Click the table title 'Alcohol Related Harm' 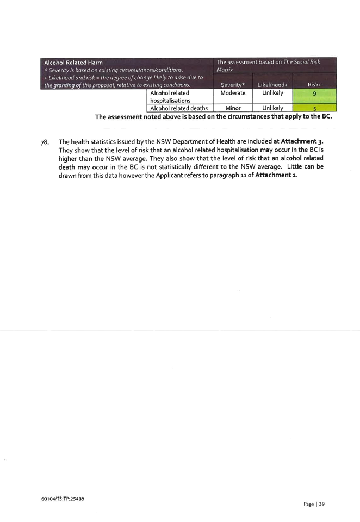point(73,63)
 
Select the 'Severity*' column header point(233,85)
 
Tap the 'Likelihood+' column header point(272,85)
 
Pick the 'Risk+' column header point(314,85)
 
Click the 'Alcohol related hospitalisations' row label point(170,97)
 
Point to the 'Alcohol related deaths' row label point(179,108)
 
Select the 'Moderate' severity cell point(233,93)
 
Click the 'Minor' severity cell point(233,108)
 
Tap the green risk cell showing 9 point(314,96)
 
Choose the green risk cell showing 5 point(314,108)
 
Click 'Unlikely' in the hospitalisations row point(272,93)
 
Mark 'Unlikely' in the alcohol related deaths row point(272,108)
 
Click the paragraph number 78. point(45,142)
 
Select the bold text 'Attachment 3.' point(302,141)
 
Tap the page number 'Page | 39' point(314,504)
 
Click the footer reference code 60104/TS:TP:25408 point(63,499)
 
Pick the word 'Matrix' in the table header point(225,70)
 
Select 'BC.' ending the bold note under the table point(327,116)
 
